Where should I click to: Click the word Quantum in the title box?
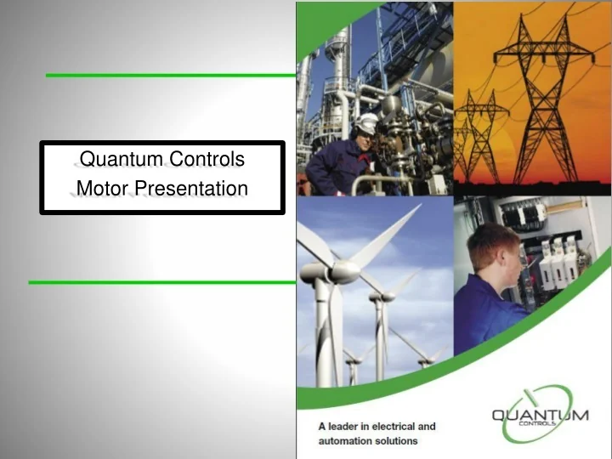tap(110, 158)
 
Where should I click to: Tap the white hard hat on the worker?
tap(366, 124)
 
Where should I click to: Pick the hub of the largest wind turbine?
tap(343, 271)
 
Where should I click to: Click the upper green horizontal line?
tap(170, 75)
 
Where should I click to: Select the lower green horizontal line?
tap(161, 281)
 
